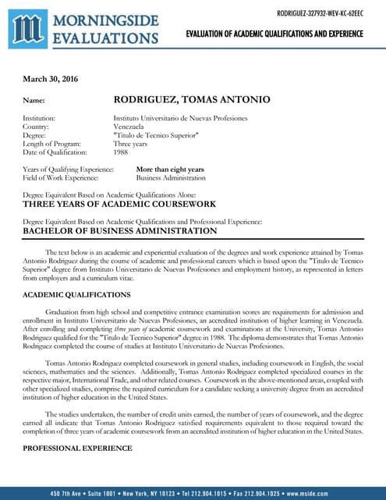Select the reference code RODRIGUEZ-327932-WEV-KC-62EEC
coord(320,12)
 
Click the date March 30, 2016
coord(50,79)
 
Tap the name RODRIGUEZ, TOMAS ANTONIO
coord(192,100)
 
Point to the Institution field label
coord(39,118)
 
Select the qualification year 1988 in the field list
coord(121,152)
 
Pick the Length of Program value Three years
coord(132,144)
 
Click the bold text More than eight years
coord(170,169)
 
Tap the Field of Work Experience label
coord(62,177)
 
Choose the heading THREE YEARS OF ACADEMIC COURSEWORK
coord(119,204)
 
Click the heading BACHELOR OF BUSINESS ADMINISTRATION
coord(119,231)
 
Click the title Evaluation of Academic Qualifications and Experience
coord(274,34)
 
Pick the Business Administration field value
coord(170,177)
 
